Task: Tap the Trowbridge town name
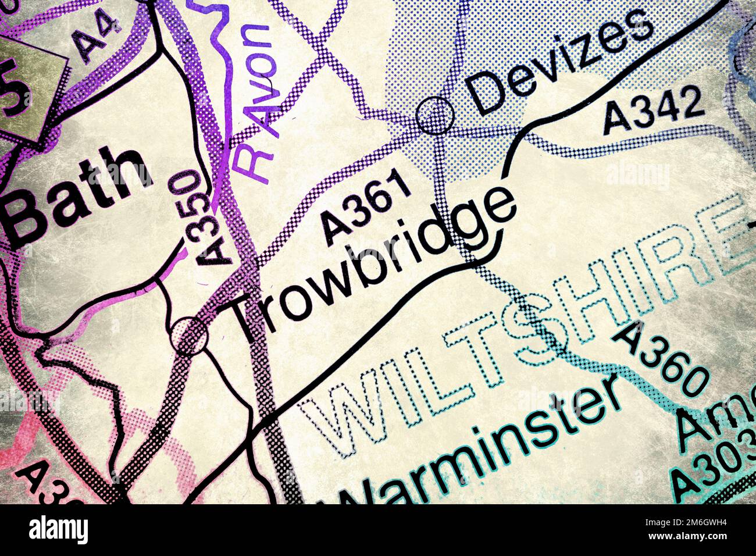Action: [372, 265]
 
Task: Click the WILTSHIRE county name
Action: [523, 326]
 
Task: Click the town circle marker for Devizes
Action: [435, 116]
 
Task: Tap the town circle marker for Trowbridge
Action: [190, 336]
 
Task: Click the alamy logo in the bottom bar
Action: [58, 530]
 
